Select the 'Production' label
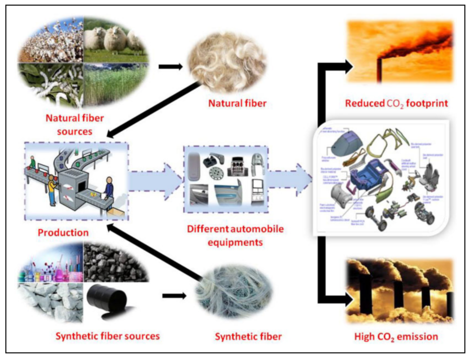[x=63, y=232]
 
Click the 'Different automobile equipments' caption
[x=235, y=236]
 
